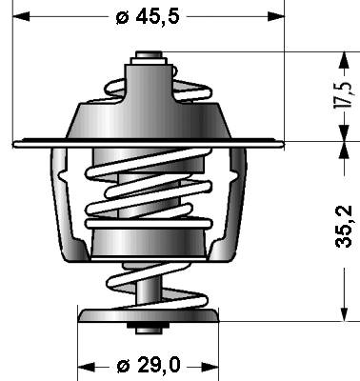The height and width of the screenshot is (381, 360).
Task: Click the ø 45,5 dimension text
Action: pos(148,16)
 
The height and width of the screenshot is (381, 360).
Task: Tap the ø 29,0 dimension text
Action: pos(149,365)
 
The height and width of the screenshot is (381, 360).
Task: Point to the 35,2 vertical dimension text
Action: pos(344,227)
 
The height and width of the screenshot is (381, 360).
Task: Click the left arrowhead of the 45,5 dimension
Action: pos(21,16)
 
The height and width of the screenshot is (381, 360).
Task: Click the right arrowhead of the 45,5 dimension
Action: pos(276,16)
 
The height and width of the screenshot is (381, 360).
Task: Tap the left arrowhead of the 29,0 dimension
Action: pos(87,368)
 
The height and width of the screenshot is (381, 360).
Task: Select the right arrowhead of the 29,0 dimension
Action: pos(210,368)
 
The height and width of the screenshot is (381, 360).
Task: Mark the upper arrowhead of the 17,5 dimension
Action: pos(344,60)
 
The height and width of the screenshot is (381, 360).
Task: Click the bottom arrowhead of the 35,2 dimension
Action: pos(344,312)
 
